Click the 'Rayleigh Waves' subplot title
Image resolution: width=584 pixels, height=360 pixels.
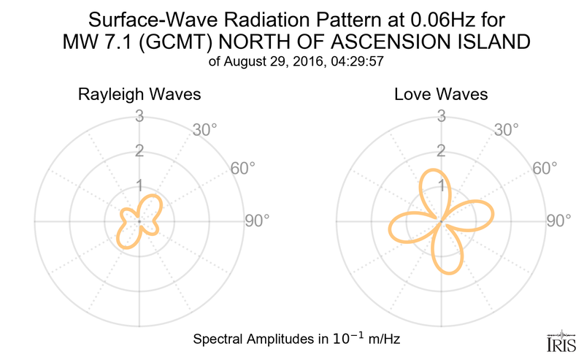[139, 95]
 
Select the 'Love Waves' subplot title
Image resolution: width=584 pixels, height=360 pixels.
[441, 95]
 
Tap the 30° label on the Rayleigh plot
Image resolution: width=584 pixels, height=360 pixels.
[205, 131]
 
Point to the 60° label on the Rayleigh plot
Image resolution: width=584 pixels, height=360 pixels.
[244, 169]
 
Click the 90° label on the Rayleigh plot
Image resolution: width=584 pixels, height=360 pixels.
[257, 221]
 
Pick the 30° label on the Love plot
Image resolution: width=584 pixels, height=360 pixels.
[507, 131]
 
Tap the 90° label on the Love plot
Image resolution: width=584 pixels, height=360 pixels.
[558, 221]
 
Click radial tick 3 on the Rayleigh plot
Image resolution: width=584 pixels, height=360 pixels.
[139, 116]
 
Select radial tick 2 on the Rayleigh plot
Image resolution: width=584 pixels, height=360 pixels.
[139, 151]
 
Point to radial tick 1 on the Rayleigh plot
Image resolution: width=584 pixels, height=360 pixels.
[139, 185]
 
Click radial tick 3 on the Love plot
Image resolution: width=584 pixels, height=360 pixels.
[441, 116]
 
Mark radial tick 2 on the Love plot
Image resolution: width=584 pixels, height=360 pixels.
[441, 151]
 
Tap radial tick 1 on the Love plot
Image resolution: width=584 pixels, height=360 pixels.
[441, 185]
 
